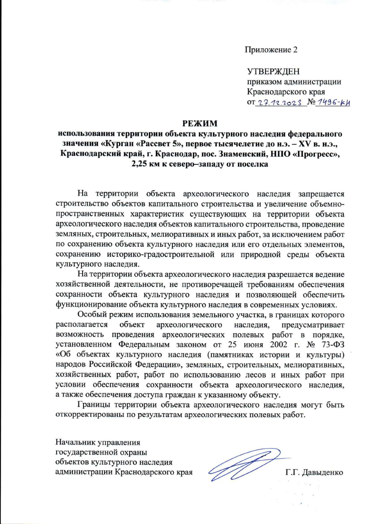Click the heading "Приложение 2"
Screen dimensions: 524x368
click(x=271, y=50)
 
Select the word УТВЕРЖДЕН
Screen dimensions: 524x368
click(x=273, y=72)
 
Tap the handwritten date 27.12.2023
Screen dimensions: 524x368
click(x=279, y=103)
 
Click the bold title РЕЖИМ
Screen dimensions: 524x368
click(x=200, y=123)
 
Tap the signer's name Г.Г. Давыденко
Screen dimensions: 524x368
click(x=314, y=472)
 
